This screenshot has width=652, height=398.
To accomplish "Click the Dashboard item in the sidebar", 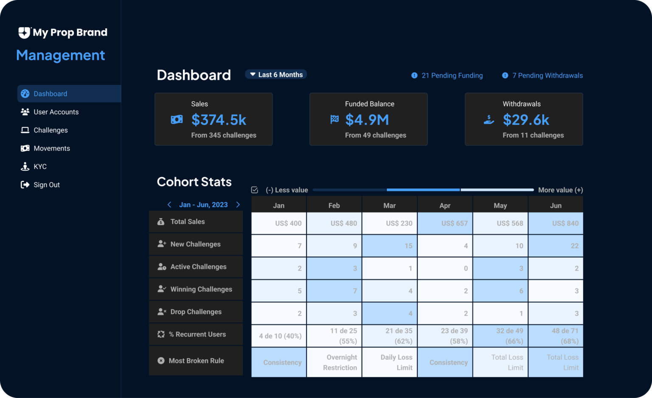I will pyautogui.click(x=50, y=94).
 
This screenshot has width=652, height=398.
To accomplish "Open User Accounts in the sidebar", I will pyautogui.click(x=56, y=112).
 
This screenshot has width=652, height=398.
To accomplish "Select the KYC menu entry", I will pyautogui.click(x=40, y=167).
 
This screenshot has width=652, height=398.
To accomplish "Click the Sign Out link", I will pyautogui.click(x=46, y=185).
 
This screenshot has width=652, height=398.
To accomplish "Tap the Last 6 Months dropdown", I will pyautogui.click(x=276, y=75).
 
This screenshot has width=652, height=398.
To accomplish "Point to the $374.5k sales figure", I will pyautogui.click(x=219, y=120).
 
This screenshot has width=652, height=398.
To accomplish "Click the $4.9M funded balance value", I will pyautogui.click(x=367, y=120).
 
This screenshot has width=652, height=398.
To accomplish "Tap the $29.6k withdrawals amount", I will pyautogui.click(x=526, y=120).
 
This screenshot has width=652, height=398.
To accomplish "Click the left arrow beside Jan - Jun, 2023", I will pyautogui.click(x=169, y=205).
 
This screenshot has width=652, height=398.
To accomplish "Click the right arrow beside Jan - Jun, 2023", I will pyautogui.click(x=238, y=205).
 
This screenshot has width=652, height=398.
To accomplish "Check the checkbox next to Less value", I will pyautogui.click(x=255, y=190).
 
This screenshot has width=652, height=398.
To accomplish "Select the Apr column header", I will pyautogui.click(x=445, y=206).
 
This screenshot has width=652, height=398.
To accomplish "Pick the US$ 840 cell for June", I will pyautogui.click(x=556, y=223).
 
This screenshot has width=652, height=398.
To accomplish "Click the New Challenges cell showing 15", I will pyautogui.click(x=390, y=246).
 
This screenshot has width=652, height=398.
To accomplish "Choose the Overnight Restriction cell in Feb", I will pyautogui.click(x=334, y=362).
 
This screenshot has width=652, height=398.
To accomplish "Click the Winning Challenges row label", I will pyautogui.click(x=201, y=289).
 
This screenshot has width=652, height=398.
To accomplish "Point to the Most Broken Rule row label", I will pyautogui.click(x=196, y=361).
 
